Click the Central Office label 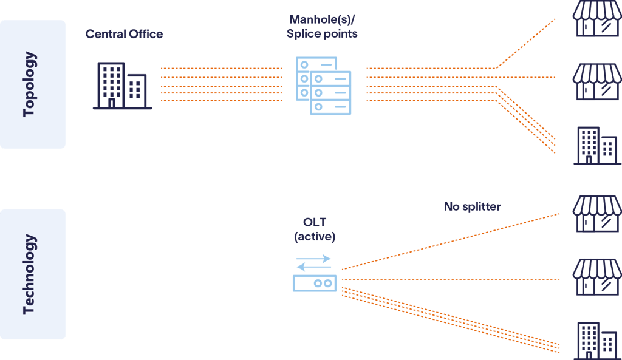[124, 34]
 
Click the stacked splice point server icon [323, 85]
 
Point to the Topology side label [29, 84]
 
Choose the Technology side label [29, 274]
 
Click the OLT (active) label [314, 230]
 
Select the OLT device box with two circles [314, 283]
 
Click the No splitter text [472, 206]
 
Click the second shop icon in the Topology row [597, 83]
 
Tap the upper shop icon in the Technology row [597, 213]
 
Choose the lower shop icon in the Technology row [597, 277]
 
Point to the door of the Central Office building [111, 103]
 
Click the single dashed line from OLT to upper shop [449, 241]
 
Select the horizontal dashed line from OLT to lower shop [449, 279]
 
